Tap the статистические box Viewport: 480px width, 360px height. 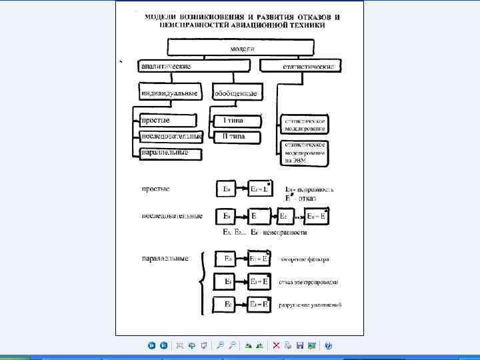tap(301, 66)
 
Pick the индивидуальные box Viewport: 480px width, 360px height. tap(171, 92)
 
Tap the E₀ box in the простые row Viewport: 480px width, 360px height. tap(226, 189)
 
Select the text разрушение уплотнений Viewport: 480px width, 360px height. tap(310, 305)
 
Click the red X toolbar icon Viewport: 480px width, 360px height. tap(276, 345)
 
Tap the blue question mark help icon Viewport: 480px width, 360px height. tap(328, 345)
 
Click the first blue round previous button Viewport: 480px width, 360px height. tap(152, 345)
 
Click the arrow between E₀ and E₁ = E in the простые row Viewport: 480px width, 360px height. tap(242, 189)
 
